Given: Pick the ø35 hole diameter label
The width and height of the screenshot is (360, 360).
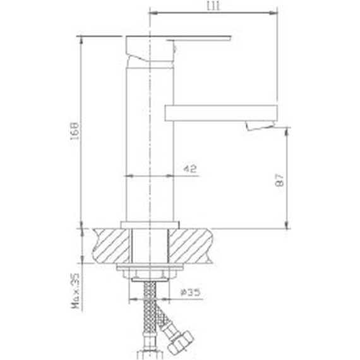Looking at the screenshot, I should pos(189,292).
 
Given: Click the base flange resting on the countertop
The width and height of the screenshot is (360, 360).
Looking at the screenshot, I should pos(151,224).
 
